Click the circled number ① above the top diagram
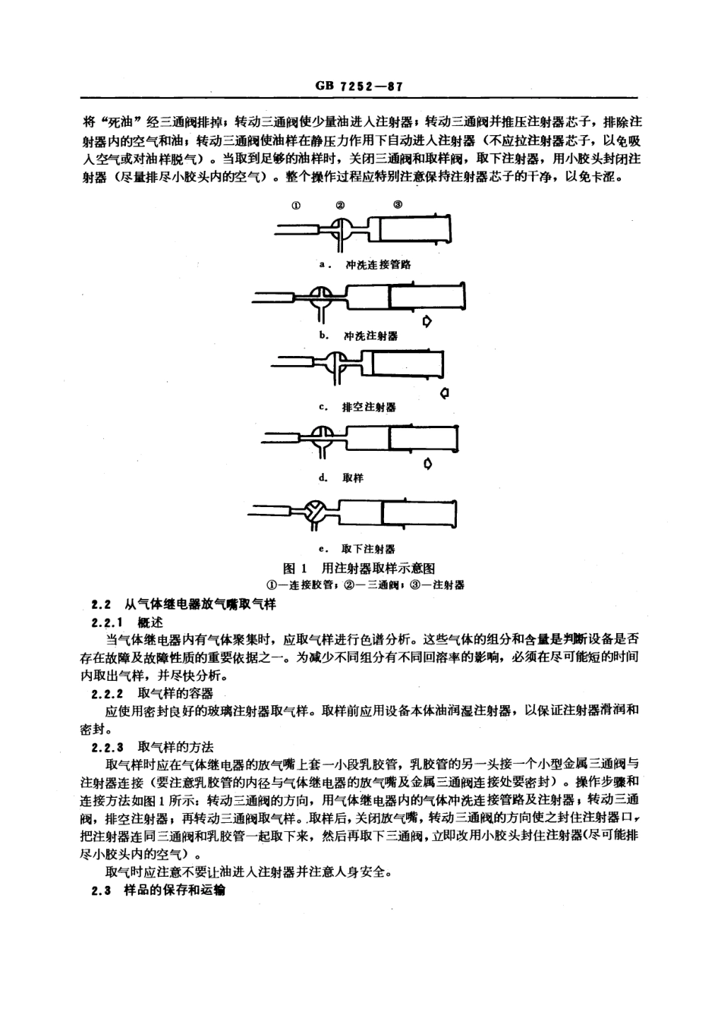297,205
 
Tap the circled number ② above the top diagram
341,205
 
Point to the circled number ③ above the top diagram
398,204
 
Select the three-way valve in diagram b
322,295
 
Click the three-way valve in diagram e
313,513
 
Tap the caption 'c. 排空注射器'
357,407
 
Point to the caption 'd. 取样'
342,477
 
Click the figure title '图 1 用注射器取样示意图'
358,568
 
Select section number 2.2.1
107,622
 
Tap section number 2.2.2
107,693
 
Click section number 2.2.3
107,747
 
